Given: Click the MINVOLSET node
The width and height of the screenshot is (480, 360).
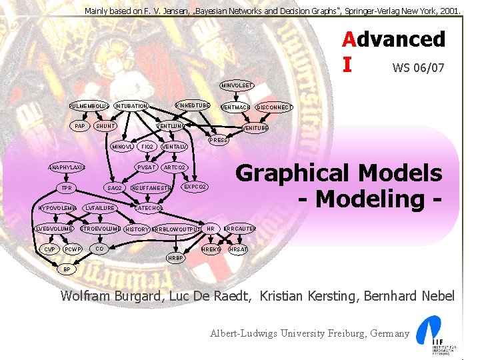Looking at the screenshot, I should pos(237,85).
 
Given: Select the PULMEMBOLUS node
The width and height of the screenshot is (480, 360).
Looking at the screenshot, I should pos(90,107).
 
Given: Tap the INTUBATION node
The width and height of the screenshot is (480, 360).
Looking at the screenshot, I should pos(131,107).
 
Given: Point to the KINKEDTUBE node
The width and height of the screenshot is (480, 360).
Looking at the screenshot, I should pos(193,106).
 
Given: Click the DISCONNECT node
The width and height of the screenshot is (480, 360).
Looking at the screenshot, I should pos(275,107).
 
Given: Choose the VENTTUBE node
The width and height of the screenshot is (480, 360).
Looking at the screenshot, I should pos(255,128).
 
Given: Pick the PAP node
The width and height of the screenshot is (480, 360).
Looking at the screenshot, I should pos(80,126).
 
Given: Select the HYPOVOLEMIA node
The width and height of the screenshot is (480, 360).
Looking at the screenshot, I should pos(58,208).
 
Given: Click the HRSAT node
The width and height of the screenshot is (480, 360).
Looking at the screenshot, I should pos(238,249).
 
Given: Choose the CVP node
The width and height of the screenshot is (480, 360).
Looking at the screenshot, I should pos(49,249).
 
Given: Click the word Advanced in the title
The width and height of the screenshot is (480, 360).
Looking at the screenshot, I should pos(393,39).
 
